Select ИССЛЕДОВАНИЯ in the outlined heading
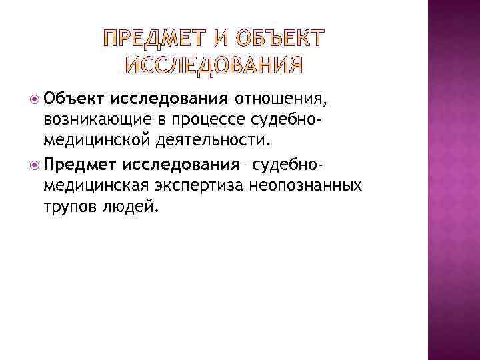pyautogui.click(x=213, y=65)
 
